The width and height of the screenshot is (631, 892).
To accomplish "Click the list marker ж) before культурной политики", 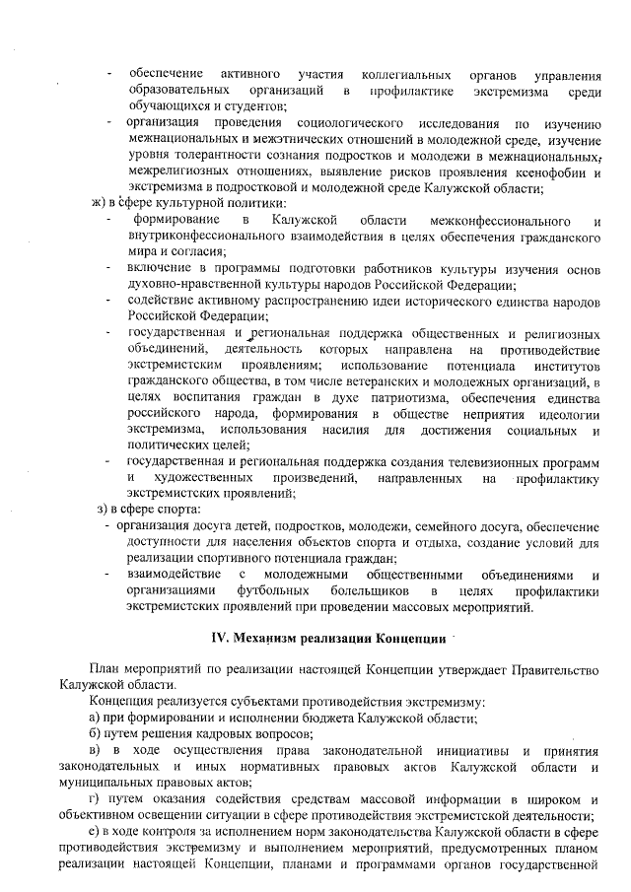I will [x=98, y=203].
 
